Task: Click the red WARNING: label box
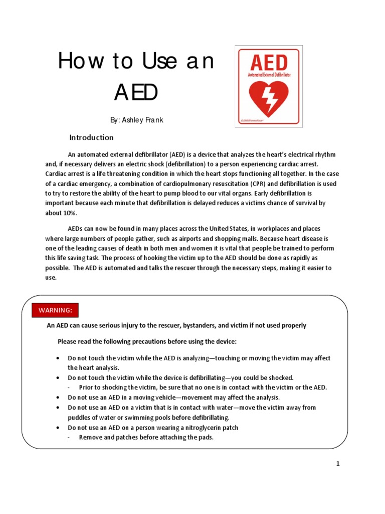56,310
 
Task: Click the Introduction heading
91,138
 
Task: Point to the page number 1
338,464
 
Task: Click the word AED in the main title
136,92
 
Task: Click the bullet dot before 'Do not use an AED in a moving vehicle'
58,397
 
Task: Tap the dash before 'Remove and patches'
69,437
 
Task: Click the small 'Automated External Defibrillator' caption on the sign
269,74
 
